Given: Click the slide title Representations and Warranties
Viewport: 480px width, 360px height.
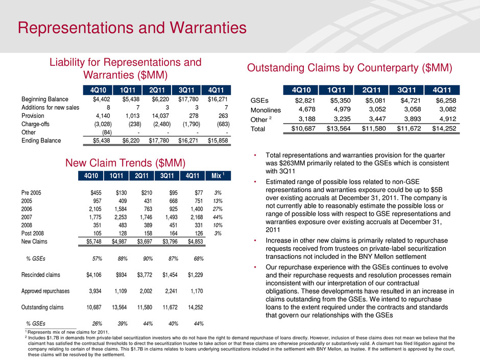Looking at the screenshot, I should [x=132, y=26].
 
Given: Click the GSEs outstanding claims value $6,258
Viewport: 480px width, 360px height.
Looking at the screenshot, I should [x=443, y=101].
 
